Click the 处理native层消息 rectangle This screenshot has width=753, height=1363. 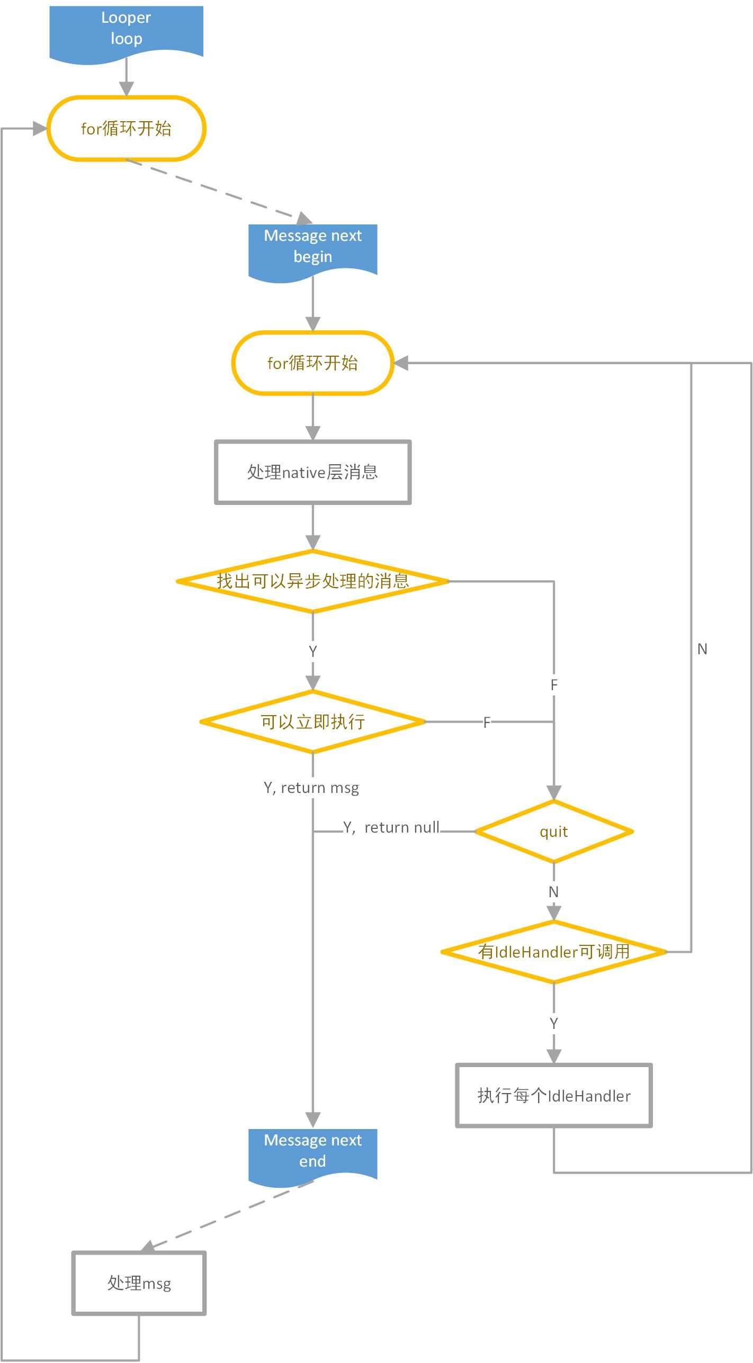click(x=312, y=472)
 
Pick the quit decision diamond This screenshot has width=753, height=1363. click(x=553, y=832)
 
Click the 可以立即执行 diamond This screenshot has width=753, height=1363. click(x=312, y=721)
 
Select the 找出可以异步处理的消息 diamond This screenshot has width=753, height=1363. click(x=312, y=581)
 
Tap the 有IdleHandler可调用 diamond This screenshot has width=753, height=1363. click(x=553, y=952)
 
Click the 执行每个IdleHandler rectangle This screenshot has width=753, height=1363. click(x=553, y=1095)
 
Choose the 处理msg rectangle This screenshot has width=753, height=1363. click(x=139, y=1283)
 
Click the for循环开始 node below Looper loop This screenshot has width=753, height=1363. click(x=126, y=129)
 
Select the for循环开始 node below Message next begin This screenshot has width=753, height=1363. click(x=312, y=363)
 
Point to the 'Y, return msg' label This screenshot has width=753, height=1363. click(x=311, y=788)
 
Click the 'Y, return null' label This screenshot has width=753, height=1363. click(x=391, y=827)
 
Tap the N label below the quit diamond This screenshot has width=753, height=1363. click(x=553, y=892)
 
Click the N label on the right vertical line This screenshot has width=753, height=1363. click(x=702, y=649)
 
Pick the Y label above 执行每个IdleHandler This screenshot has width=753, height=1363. click(x=553, y=1023)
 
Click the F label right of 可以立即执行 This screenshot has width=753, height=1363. click(x=487, y=722)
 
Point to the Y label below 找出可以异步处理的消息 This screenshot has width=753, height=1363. click(x=312, y=651)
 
